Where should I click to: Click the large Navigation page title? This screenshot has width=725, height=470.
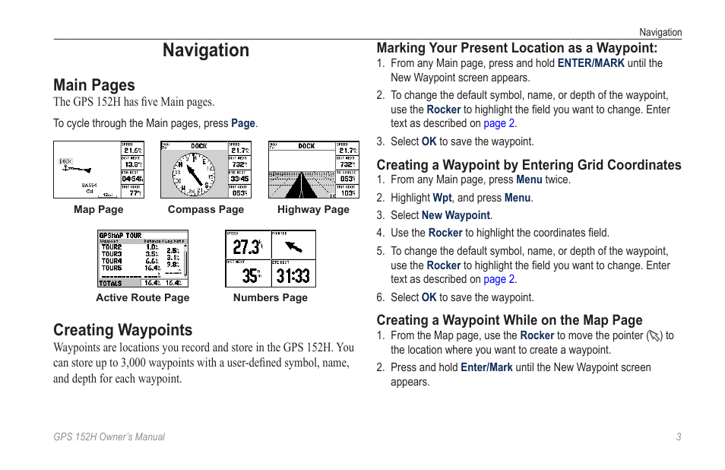(x=205, y=50)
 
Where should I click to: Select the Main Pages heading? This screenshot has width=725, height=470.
(x=94, y=85)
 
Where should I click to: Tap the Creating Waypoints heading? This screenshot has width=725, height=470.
(x=122, y=330)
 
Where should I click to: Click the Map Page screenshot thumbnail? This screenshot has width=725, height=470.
(x=99, y=170)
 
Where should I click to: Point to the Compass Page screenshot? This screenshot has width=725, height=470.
(x=206, y=170)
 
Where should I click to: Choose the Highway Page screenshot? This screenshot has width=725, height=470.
(x=313, y=170)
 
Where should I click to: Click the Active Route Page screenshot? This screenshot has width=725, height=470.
(x=143, y=259)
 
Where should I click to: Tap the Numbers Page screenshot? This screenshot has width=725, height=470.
(x=271, y=259)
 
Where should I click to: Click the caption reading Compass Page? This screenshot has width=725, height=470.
(x=206, y=210)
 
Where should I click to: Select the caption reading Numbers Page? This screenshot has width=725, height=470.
(x=271, y=298)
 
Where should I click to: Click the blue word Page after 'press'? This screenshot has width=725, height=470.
(x=243, y=123)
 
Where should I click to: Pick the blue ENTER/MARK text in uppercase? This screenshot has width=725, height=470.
(x=590, y=63)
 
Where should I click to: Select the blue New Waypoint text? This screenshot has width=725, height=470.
(x=455, y=215)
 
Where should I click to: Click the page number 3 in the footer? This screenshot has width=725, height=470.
(x=678, y=437)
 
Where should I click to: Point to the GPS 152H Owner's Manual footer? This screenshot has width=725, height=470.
(x=109, y=437)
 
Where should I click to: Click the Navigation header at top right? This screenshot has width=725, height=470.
(x=660, y=33)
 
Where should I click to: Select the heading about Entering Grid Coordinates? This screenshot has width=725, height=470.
(x=529, y=165)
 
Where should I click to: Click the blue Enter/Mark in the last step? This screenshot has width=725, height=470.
(x=486, y=367)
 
